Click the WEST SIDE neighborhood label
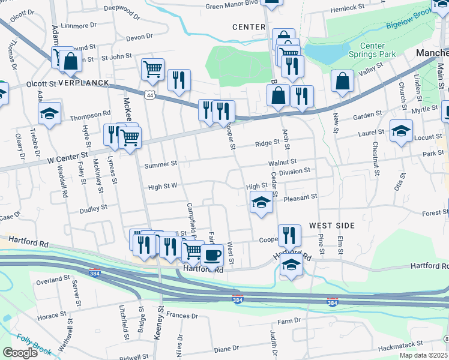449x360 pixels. [x=332, y=225]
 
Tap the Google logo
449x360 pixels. [x=20, y=353]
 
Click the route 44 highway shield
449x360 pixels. [x=149, y=95]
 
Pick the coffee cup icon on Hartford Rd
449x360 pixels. [x=212, y=255]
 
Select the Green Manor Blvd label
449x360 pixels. [x=231, y=6]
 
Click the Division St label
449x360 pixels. [x=294, y=170]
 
